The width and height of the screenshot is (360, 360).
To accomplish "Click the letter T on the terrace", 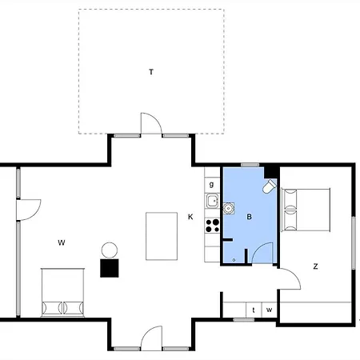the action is (x=151, y=72).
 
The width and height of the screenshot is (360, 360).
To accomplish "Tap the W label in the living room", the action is (x=62, y=242).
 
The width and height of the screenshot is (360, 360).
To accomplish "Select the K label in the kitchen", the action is (x=190, y=217).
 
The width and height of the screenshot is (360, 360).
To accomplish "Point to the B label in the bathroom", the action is (x=249, y=217).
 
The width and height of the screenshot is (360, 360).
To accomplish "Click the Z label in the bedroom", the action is (x=315, y=266).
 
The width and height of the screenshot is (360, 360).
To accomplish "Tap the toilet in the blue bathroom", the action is (x=270, y=186).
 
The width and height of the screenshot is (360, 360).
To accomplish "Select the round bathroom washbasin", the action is (x=229, y=208).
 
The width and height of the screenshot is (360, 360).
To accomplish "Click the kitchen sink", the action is (x=213, y=201).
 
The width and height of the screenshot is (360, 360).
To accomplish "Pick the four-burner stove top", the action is (x=213, y=226).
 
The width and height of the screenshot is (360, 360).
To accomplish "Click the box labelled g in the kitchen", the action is (x=212, y=184).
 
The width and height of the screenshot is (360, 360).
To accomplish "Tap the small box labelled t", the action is (x=254, y=310).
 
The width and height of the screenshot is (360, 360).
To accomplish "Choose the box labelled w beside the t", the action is (x=270, y=310).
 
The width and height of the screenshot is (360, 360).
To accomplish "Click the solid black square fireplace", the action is (x=110, y=268).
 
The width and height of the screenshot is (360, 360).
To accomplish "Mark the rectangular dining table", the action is (x=162, y=236).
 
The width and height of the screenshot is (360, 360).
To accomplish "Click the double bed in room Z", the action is (x=306, y=210).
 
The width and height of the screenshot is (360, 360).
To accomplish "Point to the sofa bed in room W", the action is (x=62, y=292).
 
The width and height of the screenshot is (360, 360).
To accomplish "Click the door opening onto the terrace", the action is (x=151, y=123).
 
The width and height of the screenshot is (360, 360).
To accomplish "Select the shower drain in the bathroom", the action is (x=234, y=260).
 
